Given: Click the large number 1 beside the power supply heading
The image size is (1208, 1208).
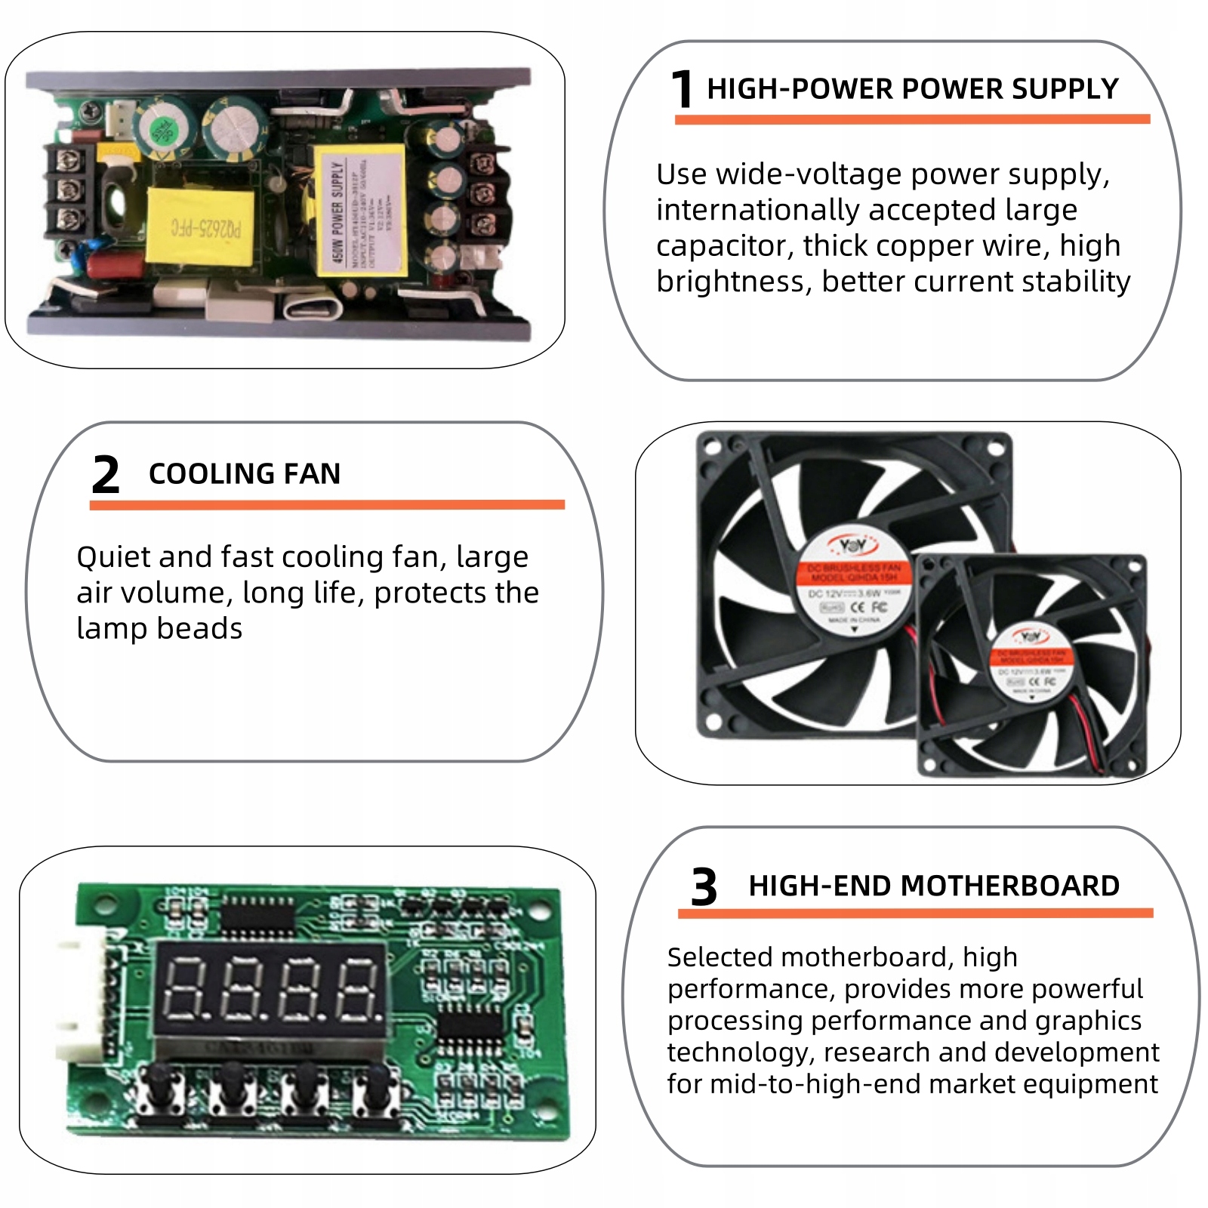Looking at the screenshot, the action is click(682, 89).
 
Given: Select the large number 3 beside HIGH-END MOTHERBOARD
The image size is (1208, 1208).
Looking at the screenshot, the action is click(704, 886).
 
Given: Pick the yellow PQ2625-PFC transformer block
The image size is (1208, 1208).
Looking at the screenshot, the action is click(200, 226).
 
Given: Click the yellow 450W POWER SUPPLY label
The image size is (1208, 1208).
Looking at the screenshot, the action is click(360, 211).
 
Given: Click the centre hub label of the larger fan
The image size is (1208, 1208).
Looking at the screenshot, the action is click(853, 581).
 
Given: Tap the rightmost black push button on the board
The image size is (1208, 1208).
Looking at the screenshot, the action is click(377, 1087).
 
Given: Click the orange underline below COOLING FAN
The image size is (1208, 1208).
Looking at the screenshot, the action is click(327, 504).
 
